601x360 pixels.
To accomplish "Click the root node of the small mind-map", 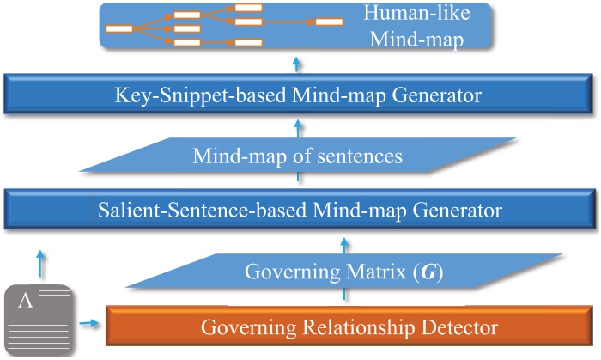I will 118,27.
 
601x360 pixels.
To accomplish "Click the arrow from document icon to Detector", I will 87,324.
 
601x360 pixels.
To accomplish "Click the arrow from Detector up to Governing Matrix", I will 345,294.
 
